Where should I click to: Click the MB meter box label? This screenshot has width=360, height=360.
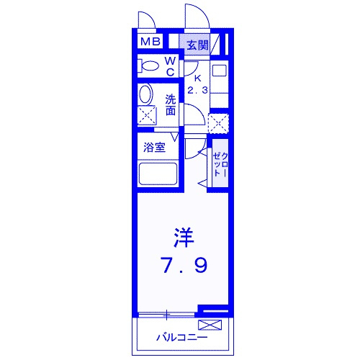coord(150,42)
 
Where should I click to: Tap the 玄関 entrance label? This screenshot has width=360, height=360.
coord(198,45)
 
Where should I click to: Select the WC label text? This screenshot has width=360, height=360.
coord(171,66)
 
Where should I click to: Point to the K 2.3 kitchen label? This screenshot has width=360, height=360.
coord(197,84)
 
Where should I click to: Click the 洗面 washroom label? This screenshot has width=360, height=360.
coord(171,105)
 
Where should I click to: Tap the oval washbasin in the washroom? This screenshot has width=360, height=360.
coord(145,94)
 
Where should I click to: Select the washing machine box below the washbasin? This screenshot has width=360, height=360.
coord(147,116)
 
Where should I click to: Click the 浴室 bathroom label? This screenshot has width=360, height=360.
coord(154,148)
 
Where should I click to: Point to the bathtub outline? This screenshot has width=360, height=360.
coord(158,174)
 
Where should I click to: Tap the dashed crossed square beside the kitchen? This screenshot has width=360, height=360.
coord(218,124)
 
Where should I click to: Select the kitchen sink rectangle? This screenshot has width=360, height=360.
coord(220,71)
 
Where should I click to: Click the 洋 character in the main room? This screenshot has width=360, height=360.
coord(184,238)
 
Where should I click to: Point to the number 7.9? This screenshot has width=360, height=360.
coord(184,265)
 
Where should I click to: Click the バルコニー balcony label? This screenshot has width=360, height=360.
coord(181,338)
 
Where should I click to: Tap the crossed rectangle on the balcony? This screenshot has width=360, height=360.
coord(210,325)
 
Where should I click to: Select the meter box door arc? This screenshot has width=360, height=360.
coord(150,17)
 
